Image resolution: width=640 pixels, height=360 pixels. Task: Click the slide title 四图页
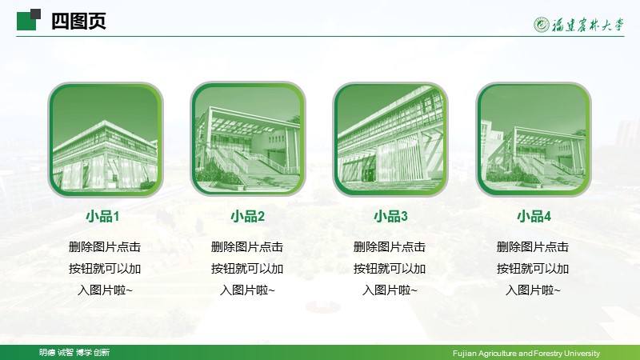[78, 21]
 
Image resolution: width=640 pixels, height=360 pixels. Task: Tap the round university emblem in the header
[542, 25]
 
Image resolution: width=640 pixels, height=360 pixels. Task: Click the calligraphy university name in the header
[588, 25]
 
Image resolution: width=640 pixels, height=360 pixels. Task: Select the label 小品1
[102, 216]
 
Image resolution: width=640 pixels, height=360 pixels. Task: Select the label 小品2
[248, 216]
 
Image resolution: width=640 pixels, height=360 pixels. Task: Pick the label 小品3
[390, 216]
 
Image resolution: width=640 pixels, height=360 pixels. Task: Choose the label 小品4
[534, 216]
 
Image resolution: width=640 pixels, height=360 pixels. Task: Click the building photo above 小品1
[106, 139]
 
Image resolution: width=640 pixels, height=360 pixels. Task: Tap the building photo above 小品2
[248, 139]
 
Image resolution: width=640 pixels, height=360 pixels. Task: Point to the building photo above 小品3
[390, 139]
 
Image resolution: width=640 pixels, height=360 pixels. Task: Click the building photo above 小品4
[534, 139]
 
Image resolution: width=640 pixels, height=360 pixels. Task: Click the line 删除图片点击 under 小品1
[105, 247]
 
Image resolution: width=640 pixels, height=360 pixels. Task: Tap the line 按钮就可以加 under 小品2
[247, 269]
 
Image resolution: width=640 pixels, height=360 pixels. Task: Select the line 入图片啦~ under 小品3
[390, 290]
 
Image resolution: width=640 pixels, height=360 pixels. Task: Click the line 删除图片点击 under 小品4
[533, 247]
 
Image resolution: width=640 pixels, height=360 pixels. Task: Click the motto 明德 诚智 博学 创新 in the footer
[74, 352]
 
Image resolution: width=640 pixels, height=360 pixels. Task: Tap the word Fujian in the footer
[464, 354]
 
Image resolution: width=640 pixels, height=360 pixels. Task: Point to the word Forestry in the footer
[549, 354]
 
